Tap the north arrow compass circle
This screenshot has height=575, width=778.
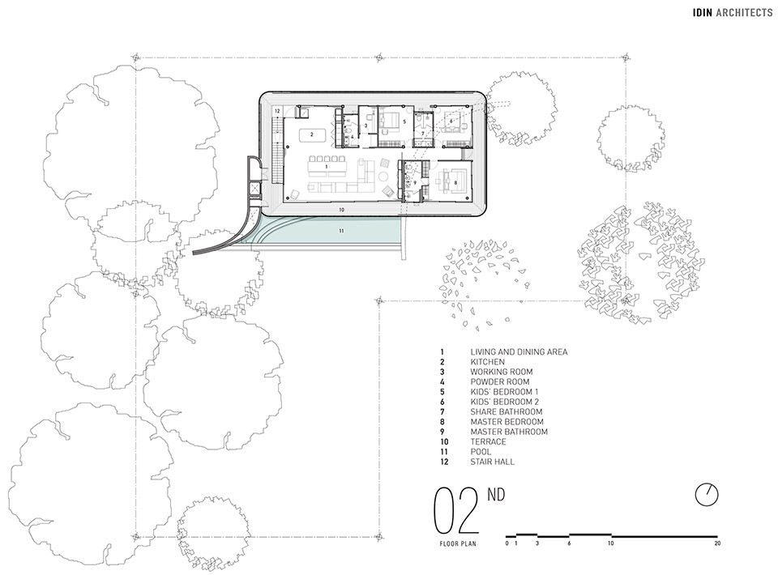(x=707, y=494)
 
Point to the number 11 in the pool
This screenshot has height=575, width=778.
(x=341, y=231)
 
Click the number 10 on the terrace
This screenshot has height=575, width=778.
(x=341, y=210)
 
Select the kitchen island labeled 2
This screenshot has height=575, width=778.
(x=308, y=134)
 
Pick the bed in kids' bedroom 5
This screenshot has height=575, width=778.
(x=391, y=122)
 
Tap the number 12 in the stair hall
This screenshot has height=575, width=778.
(x=276, y=110)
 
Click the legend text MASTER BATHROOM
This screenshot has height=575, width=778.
(x=509, y=432)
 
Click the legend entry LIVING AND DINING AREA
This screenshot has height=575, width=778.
(x=519, y=351)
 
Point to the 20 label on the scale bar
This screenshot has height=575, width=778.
(x=718, y=544)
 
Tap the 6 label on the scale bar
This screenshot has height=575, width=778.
(x=570, y=544)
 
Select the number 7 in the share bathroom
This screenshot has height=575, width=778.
(x=422, y=134)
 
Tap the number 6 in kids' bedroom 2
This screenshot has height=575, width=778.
(x=451, y=122)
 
